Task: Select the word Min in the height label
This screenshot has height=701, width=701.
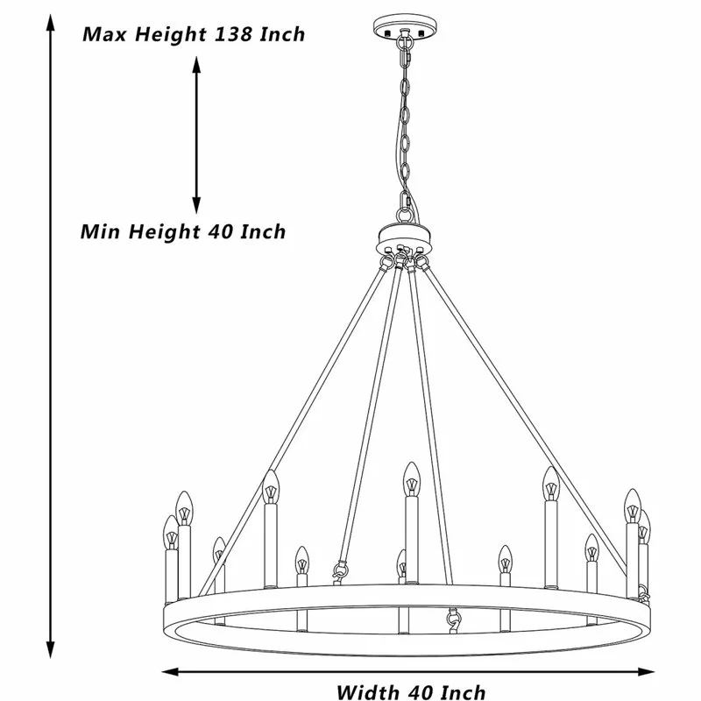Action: click(x=101, y=232)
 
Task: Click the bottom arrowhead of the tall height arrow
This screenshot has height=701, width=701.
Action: click(x=50, y=654)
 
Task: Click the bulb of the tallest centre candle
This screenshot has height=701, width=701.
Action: click(x=409, y=479)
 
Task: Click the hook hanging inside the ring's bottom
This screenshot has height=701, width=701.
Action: click(x=453, y=620)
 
